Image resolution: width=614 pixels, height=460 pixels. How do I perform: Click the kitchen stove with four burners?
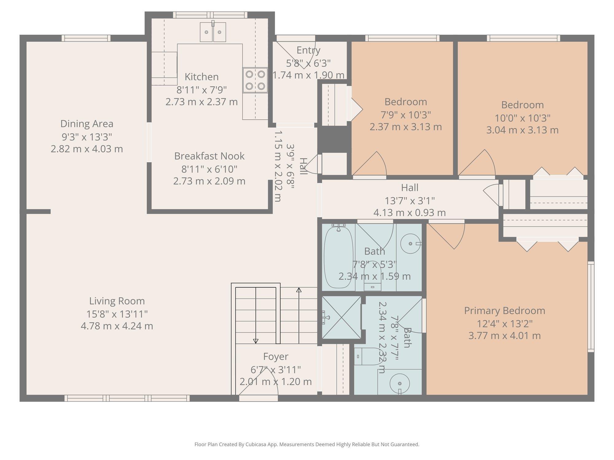[255, 80]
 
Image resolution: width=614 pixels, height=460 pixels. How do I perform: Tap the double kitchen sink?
[213, 32]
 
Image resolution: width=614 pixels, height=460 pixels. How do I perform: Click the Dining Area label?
[87, 124]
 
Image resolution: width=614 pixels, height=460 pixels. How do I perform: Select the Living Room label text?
[117, 301]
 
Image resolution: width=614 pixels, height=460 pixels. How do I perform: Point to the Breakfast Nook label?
[209, 156]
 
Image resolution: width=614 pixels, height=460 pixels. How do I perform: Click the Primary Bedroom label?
[504, 311]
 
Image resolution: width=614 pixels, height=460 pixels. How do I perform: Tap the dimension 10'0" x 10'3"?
[522, 118]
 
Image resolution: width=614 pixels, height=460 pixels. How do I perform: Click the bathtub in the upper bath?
[338, 256]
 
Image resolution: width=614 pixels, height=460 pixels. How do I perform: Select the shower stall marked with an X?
[341, 317]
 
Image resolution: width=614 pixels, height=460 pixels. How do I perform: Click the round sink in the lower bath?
[399, 384]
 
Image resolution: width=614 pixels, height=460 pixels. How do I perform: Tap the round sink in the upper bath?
[410, 243]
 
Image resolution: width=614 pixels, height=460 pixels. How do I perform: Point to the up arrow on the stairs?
[299, 290]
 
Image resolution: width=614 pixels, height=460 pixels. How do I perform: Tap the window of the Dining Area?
[86, 38]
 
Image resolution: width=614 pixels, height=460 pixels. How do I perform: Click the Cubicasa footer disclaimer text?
[307, 444]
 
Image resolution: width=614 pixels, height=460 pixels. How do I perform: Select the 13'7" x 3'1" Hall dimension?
[410, 201]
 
